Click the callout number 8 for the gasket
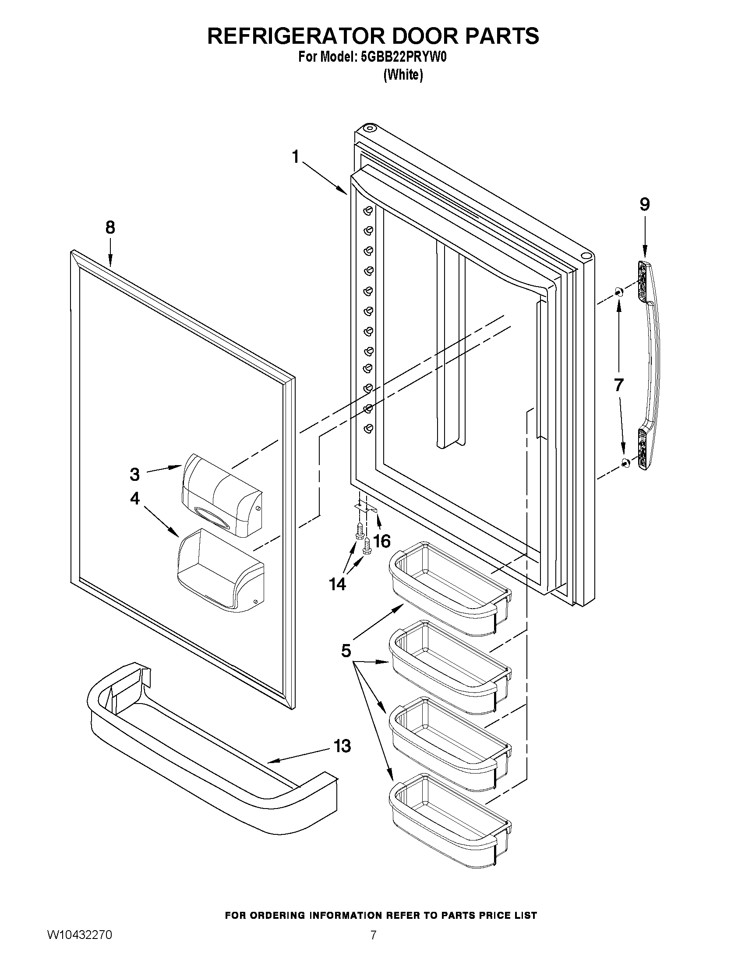(x=110, y=228)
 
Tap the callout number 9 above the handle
(x=645, y=204)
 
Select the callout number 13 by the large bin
(x=342, y=746)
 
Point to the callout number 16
(x=382, y=541)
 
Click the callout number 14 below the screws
(x=338, y=584)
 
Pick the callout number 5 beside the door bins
(x=346, y=650)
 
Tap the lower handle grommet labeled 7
(x=625, y=462)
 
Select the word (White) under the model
(x=403, y=75)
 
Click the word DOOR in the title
(x=423, y=36)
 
